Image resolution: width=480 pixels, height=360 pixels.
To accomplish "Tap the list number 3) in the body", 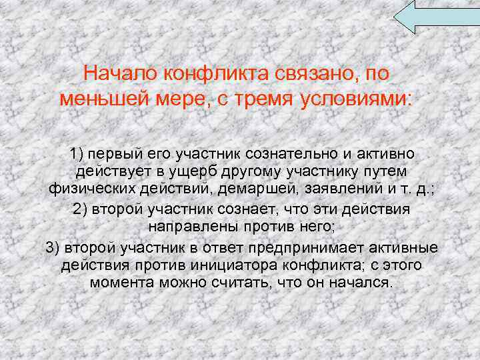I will point(53,248).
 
